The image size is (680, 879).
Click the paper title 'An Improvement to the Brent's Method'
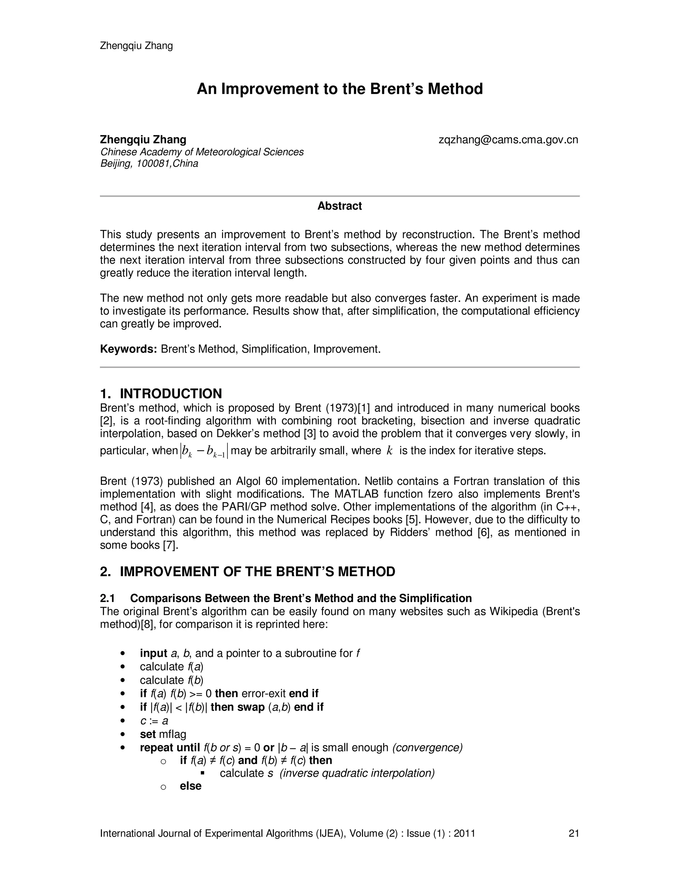point(340,89)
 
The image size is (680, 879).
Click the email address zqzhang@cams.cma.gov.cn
point(508,140)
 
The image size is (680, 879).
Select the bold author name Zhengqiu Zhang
point(143,140)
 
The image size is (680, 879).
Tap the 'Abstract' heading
point(340,206)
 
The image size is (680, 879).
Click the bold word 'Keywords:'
point(128,349)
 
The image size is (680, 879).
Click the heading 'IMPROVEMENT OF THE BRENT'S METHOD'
point(257,572)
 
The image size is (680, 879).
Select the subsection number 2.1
point(108,598)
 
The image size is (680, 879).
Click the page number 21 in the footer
point(574,834)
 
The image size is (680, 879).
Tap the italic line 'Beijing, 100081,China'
point(149,164)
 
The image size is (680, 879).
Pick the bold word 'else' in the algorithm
point(191,786)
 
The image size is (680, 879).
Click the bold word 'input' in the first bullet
point(153,653)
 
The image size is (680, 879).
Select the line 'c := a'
point(154,721)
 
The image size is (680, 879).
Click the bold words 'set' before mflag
point(147,734)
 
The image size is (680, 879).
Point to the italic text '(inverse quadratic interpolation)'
point(357,773)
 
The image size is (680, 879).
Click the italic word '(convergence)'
point(427,748)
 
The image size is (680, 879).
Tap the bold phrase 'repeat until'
point(170,748)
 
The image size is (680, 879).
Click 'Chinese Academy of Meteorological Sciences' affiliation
point(202,152)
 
